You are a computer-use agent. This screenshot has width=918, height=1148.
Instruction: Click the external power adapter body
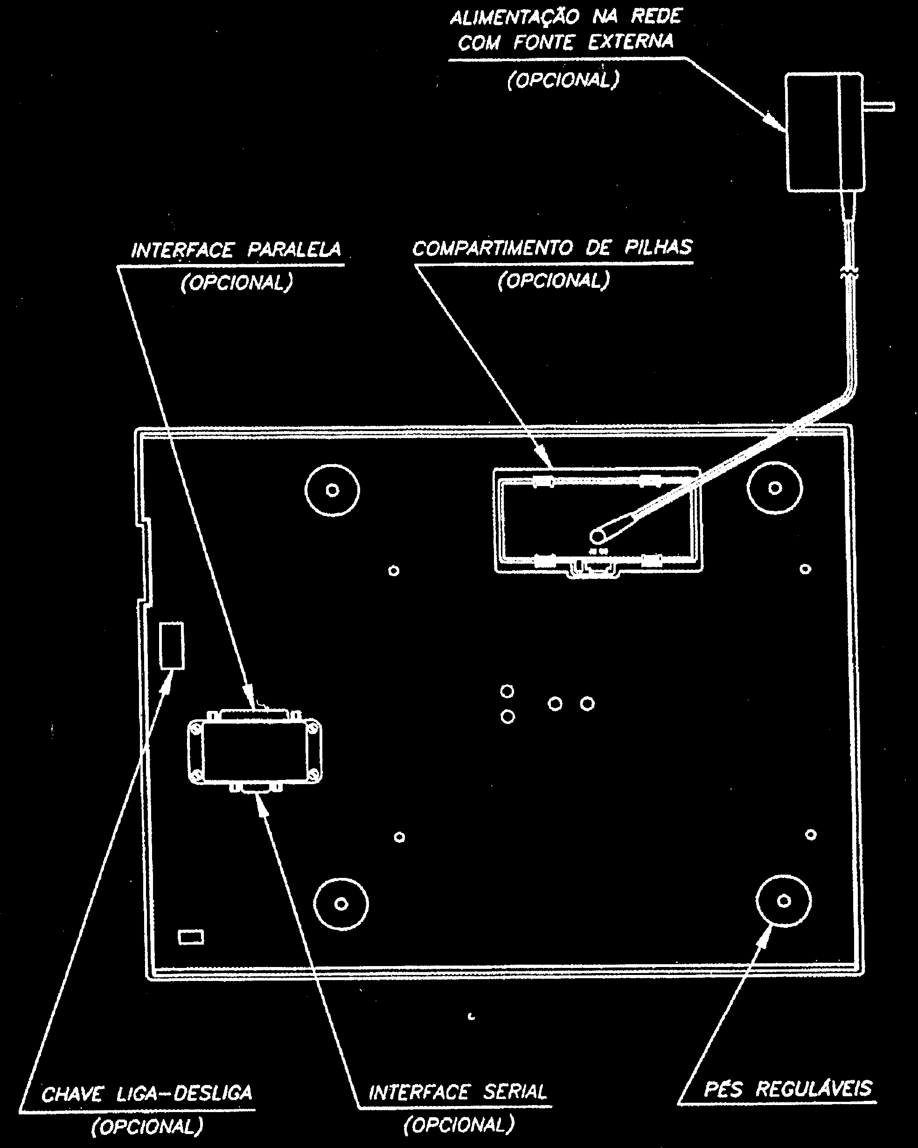point(825,132)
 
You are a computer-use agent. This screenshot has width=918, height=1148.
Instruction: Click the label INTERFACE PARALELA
point(236,250)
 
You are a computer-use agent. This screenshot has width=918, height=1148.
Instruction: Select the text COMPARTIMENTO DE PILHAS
point(553,248)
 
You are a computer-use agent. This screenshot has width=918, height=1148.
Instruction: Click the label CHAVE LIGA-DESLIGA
point(146,1093)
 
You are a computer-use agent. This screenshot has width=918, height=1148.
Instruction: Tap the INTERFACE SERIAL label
point(458,1092)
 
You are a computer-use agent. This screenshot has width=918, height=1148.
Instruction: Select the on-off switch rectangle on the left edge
point(172,645)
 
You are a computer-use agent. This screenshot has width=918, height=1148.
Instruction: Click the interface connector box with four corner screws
point(255,751)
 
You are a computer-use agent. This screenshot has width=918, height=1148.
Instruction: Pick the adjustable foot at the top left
point(332,490)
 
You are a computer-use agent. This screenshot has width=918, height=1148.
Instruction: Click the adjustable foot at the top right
point(775,488)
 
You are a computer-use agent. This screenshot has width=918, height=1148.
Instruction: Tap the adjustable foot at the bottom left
point(341,904)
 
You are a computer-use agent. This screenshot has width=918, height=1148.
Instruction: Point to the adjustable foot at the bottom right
point(783,901)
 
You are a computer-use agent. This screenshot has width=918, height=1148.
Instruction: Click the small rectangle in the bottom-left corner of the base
point(191,937)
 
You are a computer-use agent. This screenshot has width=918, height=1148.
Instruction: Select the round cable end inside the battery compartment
point(598,536)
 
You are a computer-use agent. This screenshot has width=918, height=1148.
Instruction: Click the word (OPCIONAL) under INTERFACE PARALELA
point(237,282)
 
